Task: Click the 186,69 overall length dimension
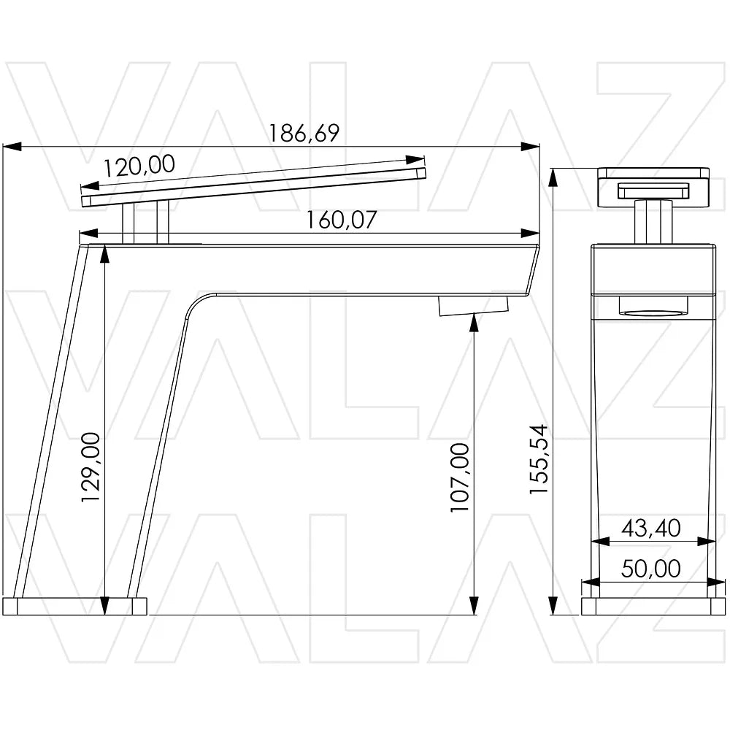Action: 304,134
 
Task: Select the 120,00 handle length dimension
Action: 139,166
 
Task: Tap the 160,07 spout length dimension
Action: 341,220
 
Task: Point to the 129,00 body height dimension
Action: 91,467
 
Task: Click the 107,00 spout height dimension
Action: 460,477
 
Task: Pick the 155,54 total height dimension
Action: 539,459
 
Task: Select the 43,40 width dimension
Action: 651,528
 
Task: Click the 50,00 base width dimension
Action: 651,569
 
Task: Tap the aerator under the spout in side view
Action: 474,307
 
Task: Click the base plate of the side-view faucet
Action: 74,607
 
